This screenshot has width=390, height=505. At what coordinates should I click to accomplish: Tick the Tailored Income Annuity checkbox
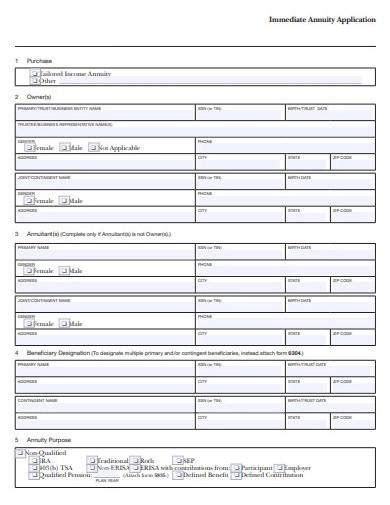click(35, 74)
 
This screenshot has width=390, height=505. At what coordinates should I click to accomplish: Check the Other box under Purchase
click(35, 81)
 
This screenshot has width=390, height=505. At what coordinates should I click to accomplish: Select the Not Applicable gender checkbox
click(93, 147)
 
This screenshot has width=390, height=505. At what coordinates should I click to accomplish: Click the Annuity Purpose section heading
click(50, 439)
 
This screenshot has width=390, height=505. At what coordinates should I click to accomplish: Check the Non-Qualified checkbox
click(20, 452)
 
